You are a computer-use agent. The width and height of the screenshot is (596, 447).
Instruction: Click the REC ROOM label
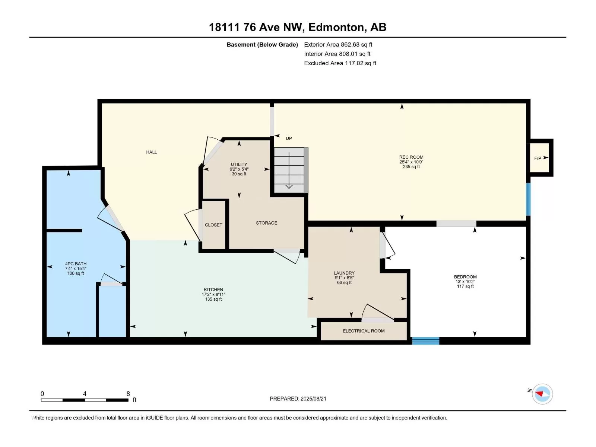(x=411, y=157)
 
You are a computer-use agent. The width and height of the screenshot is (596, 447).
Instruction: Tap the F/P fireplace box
(x=540, y=158)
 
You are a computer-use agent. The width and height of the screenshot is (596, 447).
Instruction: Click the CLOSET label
(x=213, y=225)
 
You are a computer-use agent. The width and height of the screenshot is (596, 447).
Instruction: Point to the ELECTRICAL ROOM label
(x=364, y=331)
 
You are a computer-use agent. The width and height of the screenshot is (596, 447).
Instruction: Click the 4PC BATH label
(x=76, y=263)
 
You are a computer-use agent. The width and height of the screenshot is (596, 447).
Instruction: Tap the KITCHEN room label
(x=213, y=289)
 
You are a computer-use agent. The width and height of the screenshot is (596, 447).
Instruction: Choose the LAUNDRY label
(x=344, y=273)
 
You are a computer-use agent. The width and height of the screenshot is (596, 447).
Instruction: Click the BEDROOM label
(x=465, y=277)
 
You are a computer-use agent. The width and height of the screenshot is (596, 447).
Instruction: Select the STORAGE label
(x=266, y=223)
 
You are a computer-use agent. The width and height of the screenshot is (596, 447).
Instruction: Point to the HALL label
(x=151, y=152)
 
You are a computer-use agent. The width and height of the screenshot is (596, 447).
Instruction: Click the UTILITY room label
(x=239, y=164)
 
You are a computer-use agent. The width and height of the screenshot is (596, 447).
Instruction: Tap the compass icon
(x=542, y=394)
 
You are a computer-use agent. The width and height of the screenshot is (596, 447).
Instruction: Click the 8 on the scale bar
(x=128, y=393)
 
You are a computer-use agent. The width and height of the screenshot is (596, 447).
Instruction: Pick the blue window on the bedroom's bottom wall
(x=425, y=340)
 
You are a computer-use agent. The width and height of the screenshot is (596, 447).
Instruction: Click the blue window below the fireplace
(x=528, y=199)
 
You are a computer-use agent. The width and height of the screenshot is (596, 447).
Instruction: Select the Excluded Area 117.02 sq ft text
(x=340, y=63)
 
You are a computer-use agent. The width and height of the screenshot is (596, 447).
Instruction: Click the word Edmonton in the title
(x=336, y=27)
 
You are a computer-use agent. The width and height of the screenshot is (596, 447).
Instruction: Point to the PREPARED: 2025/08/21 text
(x=298, y=399)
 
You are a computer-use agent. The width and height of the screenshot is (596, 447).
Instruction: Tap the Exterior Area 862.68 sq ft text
(x=338, y=44)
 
